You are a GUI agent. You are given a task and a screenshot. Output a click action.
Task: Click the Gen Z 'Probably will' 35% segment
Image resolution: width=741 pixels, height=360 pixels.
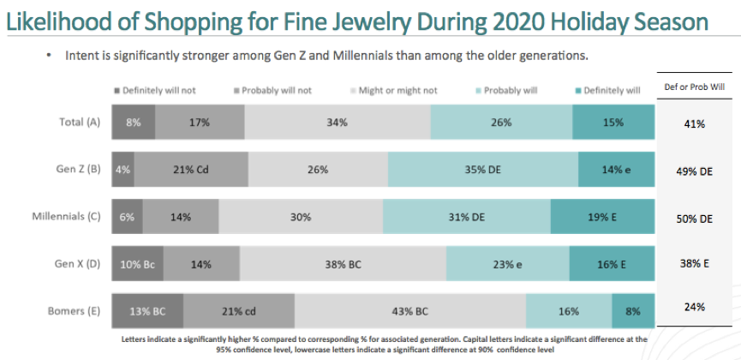(x=483, y=170)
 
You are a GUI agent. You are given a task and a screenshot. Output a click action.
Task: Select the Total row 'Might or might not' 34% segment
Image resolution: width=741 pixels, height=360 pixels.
(x=337, y=123)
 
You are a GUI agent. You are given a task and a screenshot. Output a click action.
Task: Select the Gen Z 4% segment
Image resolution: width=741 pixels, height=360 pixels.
(x=123, y=170)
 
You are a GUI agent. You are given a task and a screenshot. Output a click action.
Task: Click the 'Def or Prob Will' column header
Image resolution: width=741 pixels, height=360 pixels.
(x=694, y=87)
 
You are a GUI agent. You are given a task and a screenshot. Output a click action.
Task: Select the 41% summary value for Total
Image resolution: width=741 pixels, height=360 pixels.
(x=694, y=124)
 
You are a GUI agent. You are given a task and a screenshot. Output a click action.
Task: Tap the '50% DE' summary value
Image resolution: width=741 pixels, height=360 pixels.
(x=694, y=219)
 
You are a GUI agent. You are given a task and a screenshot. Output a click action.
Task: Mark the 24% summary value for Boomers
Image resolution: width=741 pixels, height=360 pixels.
(x=694, y=306)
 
